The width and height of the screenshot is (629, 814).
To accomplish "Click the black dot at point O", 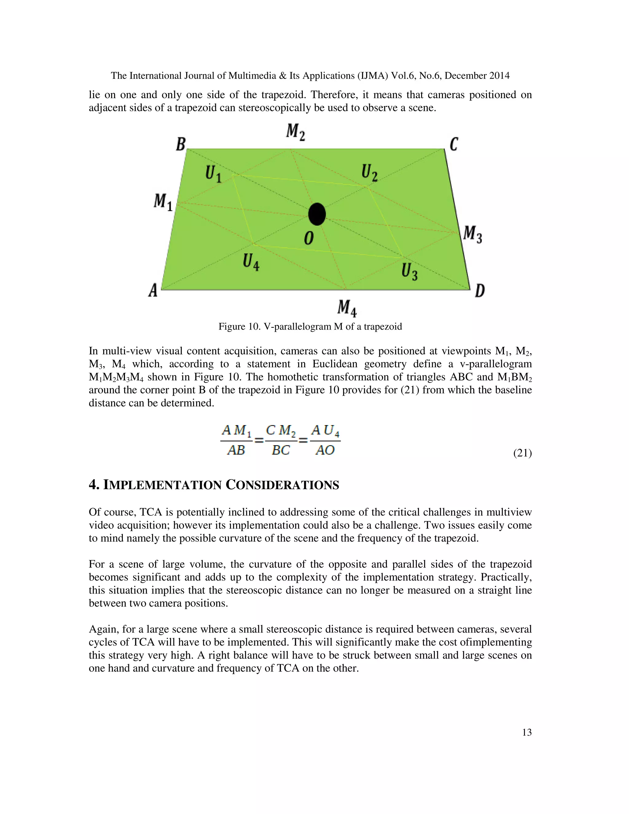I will pos(317,214).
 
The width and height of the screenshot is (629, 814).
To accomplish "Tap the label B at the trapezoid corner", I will pos(181,144).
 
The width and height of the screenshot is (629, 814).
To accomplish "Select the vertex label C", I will pos(454,144).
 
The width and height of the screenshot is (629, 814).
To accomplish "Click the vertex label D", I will pos(480,290).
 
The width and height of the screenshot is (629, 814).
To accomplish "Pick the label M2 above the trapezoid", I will pos(295,132).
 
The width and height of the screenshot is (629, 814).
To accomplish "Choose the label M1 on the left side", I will pos(163,202).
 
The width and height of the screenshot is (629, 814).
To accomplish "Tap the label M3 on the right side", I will pos(472,234).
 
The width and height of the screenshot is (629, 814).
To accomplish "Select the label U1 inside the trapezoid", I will pos(213,174).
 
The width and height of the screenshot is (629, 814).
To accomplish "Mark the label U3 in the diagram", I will pos(409,271).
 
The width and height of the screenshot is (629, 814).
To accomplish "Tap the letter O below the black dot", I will pos(309,238).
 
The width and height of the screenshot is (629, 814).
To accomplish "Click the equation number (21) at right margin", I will pos(522,453).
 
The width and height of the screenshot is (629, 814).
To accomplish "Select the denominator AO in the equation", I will pos(325,450).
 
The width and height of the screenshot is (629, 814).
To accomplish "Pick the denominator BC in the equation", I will pos(281,450).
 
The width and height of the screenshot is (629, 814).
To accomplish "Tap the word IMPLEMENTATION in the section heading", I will pos(162,485).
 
